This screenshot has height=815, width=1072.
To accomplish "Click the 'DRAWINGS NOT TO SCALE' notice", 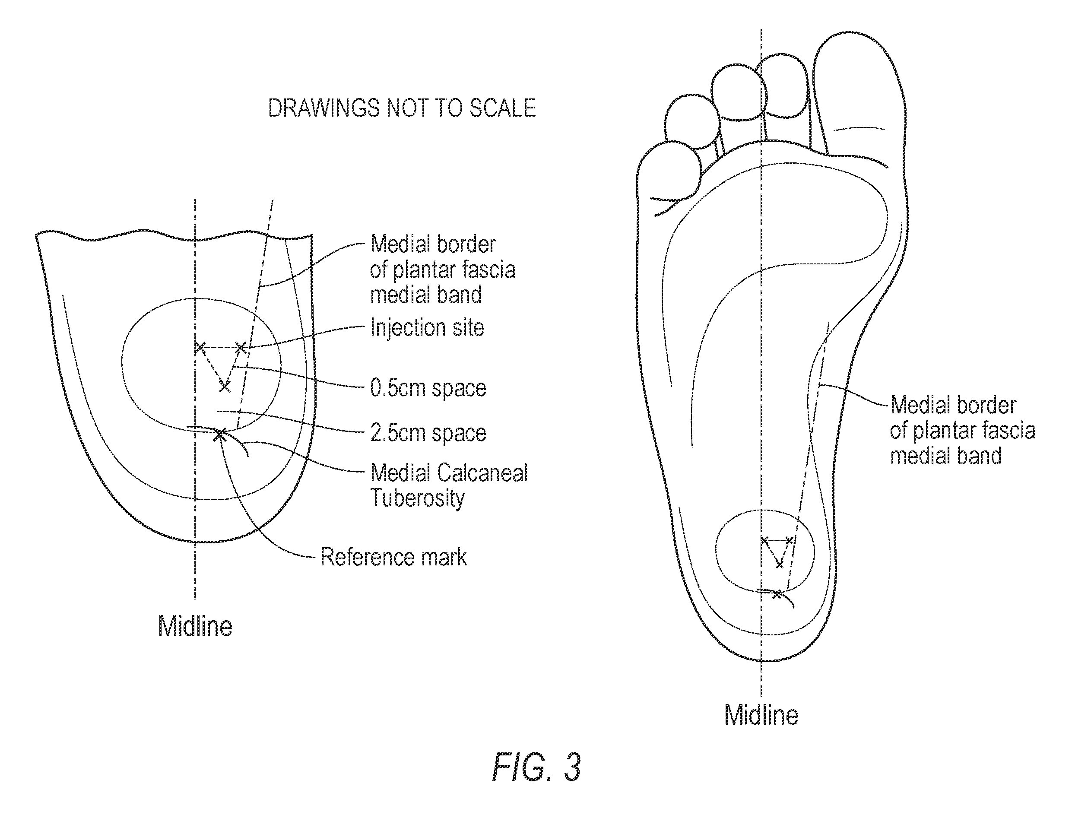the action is (402, 108).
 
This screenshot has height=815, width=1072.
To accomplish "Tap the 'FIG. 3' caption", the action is (536, 767).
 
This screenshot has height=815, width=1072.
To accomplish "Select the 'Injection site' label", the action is (427, 328).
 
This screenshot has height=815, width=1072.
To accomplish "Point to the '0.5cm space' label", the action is (428, 388).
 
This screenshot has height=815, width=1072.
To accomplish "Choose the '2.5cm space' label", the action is (428, 433).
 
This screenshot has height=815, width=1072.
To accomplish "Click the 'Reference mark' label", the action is (393, 557).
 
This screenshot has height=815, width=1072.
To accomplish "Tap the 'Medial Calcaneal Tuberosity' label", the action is (449, 485).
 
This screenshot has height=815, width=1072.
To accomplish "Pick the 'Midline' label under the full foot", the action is (761, 715).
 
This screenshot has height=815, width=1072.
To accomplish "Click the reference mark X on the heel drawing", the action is (220, 434).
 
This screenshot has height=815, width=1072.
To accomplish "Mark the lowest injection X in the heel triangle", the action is (225, 387).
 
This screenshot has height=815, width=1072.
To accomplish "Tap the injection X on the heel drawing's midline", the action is (200, 347).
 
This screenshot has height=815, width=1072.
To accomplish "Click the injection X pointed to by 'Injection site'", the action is (241, 347).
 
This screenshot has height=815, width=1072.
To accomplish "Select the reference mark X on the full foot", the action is (777, 594).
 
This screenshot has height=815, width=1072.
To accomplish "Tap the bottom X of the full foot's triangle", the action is (779, 564).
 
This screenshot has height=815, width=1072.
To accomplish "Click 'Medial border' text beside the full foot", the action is (953, 405).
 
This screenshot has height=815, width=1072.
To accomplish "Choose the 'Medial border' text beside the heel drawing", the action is (433, 244).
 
